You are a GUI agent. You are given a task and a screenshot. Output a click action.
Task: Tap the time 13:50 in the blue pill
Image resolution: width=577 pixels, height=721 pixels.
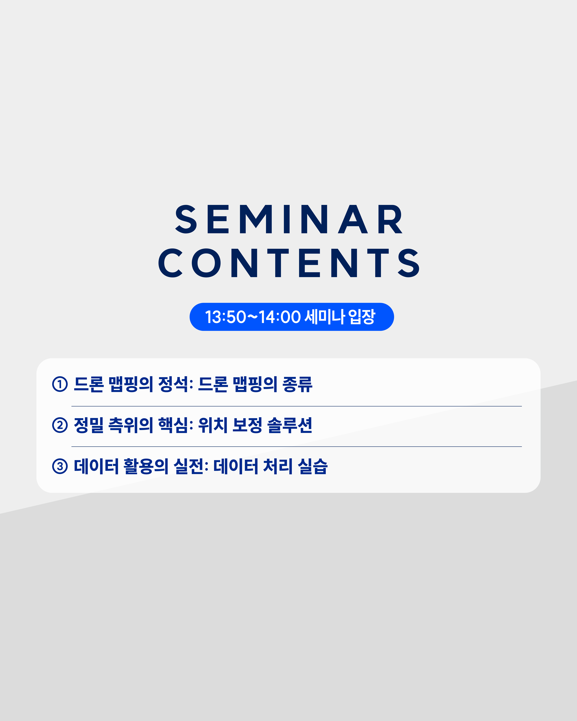coord(226,317)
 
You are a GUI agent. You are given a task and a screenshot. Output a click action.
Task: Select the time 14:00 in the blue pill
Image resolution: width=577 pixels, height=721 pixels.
coord(280,317)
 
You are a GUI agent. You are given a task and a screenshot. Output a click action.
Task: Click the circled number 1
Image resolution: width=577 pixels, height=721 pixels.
coord(60,384)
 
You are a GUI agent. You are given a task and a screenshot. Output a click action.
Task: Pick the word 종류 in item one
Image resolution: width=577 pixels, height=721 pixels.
coord(297,384)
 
